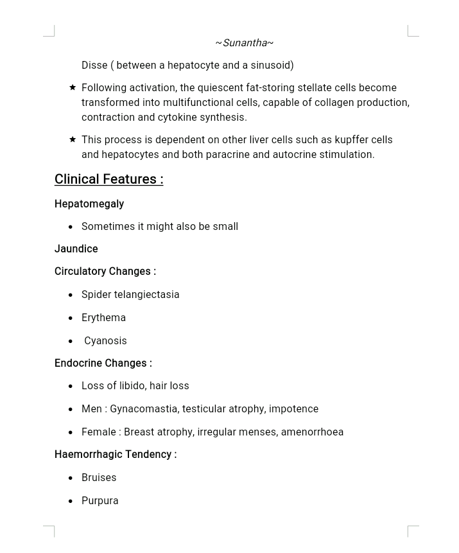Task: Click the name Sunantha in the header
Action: point(244,43)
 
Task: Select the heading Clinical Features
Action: point(108,179)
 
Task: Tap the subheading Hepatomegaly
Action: point(89,204)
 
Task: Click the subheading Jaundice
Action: point(76,249)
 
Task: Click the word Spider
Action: point(96,294)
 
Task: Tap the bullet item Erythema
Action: point(103,317)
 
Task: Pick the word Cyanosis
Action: point(105,340)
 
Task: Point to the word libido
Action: point(132,385)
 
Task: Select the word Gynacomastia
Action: point(144,408)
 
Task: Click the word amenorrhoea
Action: point(312,432)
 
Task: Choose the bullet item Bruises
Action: point(99,477)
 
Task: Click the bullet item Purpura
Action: point(100,500)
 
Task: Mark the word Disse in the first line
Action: point(94,65)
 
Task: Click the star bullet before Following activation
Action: point(73,87)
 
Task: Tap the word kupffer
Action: point(351,139)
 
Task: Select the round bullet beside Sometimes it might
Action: point(71,227)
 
